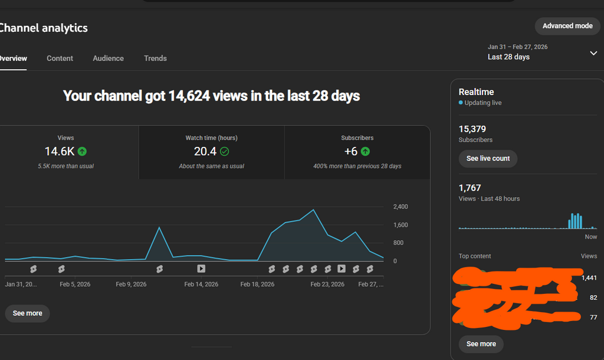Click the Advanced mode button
point(567,26)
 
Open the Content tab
point(60,58)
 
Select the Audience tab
point(108,58)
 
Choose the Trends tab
point(155,58)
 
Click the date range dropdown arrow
point(593,53)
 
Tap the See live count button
point(488,159)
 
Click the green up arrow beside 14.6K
point(82,151)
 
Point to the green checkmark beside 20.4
point(224,151)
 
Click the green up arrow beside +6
point(366,151)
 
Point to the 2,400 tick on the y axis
point(401,207)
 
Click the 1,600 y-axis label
point(401,225)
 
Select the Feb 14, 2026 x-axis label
point(201,284)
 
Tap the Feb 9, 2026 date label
point(131,284)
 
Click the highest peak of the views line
point(313,210)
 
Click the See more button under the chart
point(27,313)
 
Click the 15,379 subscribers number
point(472,129)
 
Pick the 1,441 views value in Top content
point(589,278)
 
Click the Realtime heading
point(476,92)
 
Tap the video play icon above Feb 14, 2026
point(201,269)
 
